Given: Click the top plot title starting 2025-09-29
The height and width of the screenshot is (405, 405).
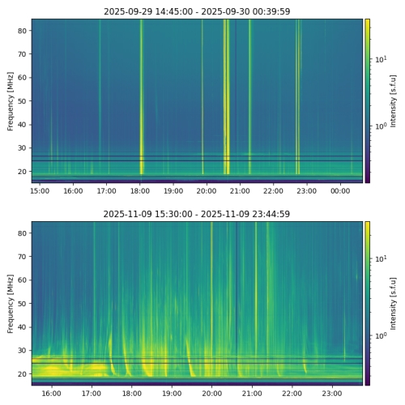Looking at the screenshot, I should click(197, 11).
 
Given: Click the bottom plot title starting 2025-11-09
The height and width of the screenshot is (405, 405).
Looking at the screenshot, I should click(197, 214).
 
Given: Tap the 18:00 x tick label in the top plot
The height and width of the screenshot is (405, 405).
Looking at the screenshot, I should click(140, 191).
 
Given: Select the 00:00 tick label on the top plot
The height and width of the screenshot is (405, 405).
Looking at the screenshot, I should click(340, 191).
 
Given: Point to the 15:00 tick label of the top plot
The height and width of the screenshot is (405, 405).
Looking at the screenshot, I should click(40, 191).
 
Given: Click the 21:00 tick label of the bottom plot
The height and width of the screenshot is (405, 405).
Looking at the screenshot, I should click(252, 394).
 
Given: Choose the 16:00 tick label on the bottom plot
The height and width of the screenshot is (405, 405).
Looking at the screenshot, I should click(51, 394).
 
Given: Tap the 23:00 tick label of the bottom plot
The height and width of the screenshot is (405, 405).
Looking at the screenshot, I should click(332, 394).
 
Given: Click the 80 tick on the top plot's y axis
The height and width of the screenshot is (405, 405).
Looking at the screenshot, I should click(23, 31).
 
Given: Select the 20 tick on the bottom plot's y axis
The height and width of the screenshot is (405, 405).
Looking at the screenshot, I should click(23, 374).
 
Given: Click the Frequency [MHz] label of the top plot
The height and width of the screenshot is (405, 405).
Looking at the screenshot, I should click(11, 100).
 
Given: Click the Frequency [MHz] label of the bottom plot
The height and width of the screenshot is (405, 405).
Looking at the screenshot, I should click(11, 303).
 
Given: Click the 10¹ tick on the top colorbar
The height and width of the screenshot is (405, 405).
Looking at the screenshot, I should click(379, 60).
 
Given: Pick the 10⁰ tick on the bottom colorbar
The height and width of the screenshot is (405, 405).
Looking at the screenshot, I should click(379, 335).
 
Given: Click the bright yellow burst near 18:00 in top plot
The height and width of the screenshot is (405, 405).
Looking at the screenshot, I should click(142, 97).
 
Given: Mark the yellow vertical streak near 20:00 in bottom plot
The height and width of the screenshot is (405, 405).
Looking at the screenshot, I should click(212, 300).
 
